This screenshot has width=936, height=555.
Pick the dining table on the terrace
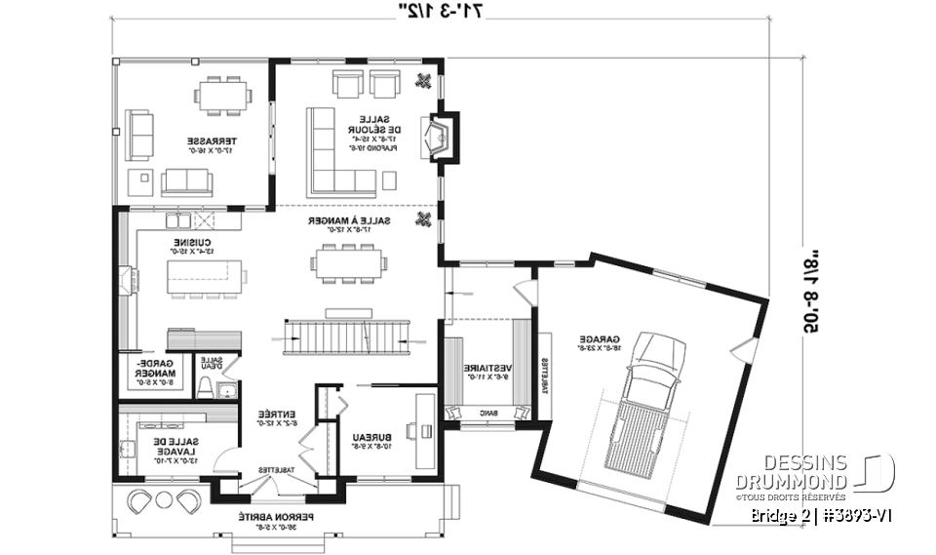222,96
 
